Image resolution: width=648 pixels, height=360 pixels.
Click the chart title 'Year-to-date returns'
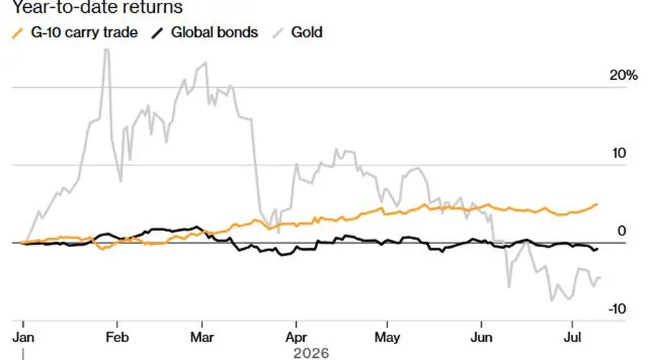point(97,6)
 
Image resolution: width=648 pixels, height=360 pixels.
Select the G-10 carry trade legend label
point(84,32)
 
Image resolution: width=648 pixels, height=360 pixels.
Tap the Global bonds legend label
point(215,32)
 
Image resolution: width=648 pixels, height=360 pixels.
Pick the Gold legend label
point(307,32)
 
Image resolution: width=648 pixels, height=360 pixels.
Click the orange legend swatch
point(18,33)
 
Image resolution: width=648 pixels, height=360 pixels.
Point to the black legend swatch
point(157,33)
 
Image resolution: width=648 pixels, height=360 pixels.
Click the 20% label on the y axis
point(624,75)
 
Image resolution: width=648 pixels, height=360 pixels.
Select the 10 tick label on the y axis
point(618,153)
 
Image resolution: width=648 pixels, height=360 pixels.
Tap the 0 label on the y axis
point(621,231)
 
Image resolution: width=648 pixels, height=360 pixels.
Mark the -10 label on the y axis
point(617,309)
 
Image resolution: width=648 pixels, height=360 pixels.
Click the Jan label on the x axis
point(23,337)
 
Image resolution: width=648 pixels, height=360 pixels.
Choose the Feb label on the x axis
point(117,337)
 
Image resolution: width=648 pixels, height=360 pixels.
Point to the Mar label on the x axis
point(202,337)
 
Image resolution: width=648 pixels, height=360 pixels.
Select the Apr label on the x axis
point(296,338)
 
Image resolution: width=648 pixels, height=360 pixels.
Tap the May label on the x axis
point(387,338)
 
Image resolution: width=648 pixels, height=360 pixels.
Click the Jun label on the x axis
point(482,337)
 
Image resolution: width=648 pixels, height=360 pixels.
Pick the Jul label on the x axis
point(572,337)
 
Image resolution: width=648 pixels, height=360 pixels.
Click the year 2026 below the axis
point(311,354)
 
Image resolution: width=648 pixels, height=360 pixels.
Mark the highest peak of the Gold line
point(107,50)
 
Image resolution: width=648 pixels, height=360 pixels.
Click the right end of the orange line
point(597,204)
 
